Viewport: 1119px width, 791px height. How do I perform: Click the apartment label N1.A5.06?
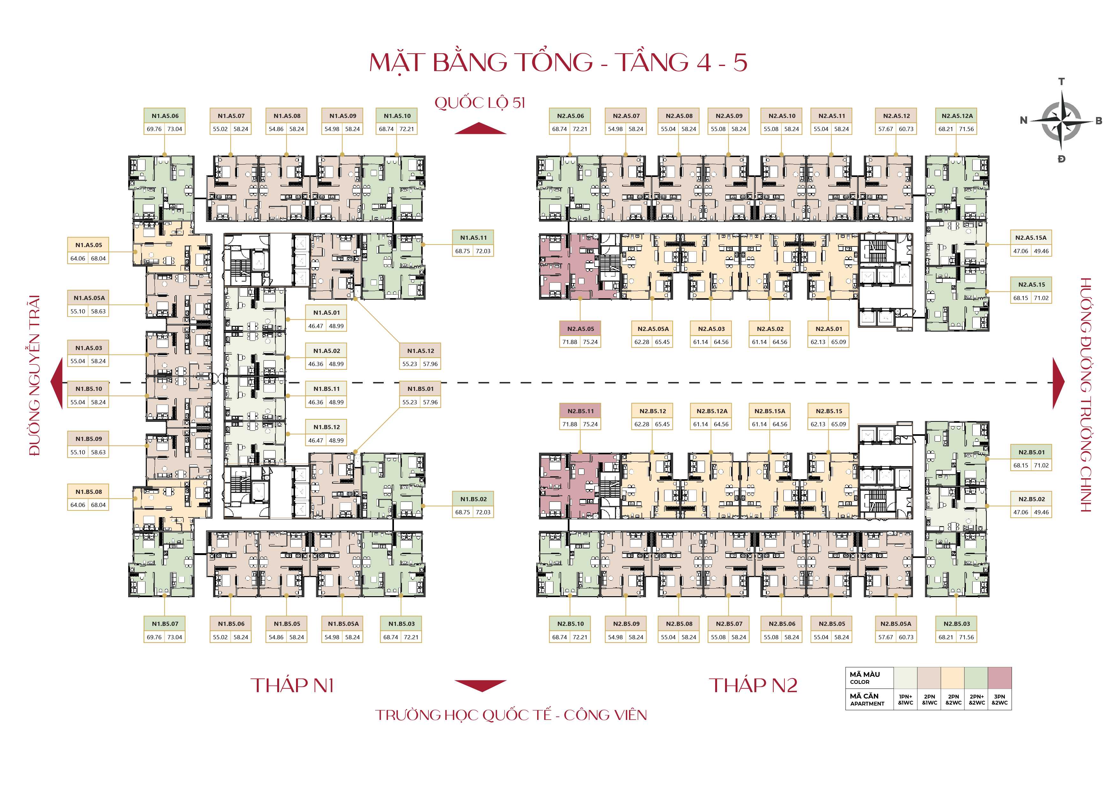click(x=165, y=116)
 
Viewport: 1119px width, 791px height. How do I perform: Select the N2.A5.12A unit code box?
click(x=956, y=116)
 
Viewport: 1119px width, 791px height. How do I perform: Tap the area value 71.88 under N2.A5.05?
click(x=570, y=342)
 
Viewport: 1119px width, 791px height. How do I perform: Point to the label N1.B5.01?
click(x=420, y=389)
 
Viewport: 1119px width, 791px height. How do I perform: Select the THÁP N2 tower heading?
click(x=753, y=685)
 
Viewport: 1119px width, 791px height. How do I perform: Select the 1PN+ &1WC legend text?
click(x=906, y=699)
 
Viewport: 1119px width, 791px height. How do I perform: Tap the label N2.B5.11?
click(x=580, y=411)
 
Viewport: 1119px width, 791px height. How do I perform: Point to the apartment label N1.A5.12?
click(x=420, y=351)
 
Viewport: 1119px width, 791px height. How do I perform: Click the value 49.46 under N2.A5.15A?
click(x=1041, y=251)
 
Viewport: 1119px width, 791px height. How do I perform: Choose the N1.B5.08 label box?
click(x=88, y=492)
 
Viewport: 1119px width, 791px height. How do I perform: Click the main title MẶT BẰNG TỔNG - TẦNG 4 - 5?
click(x=558, y=62)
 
